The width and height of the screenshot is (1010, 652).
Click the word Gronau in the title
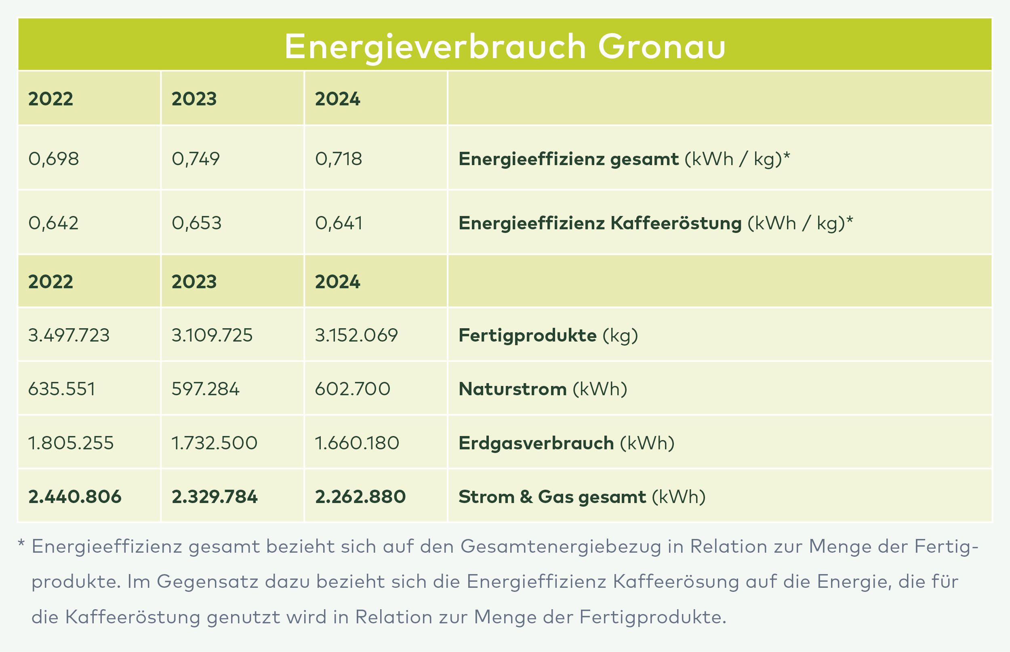coord(662,46)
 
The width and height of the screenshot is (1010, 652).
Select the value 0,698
coord(53,159)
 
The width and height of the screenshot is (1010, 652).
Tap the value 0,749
coord(196,159)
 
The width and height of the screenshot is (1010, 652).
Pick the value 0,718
coord(339,159)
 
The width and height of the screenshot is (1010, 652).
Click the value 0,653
coord(197,223)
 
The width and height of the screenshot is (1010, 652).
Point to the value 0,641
coord(339,223)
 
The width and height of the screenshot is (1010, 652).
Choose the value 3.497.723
coord(69,335)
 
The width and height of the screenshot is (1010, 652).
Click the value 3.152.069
coord(356,335)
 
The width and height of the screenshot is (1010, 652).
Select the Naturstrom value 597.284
coord(206,389)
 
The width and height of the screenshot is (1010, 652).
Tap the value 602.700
coord(352,389)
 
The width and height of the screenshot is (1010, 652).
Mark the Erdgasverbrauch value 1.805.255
coord(71,443)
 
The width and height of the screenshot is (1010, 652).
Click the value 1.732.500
coord(215,443)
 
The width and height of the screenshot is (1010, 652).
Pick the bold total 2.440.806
coord(75,497)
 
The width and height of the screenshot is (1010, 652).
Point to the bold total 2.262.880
coord(360,497)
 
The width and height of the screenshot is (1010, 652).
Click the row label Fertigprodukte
coord(528,335)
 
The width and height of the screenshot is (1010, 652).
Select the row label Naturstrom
coord(513,389)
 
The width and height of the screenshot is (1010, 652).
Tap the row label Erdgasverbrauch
coord(537,443)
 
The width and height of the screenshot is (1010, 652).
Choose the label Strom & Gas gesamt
coord(552,497)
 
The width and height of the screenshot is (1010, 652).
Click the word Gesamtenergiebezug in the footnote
coord(561,547)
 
